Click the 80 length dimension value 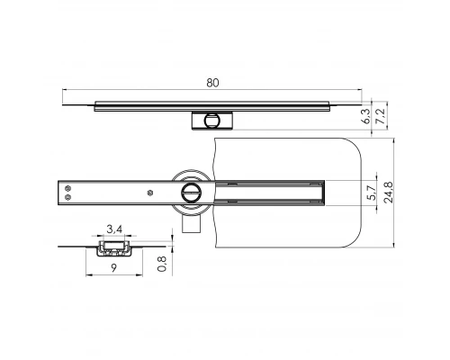coord(212,83)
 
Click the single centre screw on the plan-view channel coord(149,192)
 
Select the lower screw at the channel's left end coord(65,198)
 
